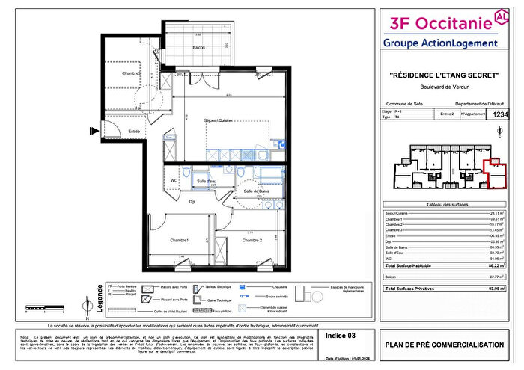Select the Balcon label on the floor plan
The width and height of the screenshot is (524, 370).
tap(198, 47)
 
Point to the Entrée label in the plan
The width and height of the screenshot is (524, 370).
tap(134, 132)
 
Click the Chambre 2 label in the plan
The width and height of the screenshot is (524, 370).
tap(252, 241)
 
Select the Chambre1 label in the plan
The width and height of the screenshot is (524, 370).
tap(178, 241)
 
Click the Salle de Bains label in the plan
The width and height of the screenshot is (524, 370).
tap(256, 192)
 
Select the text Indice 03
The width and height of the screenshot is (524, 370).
tap(341, 337)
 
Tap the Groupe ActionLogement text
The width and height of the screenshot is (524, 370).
tap(440, 43)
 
